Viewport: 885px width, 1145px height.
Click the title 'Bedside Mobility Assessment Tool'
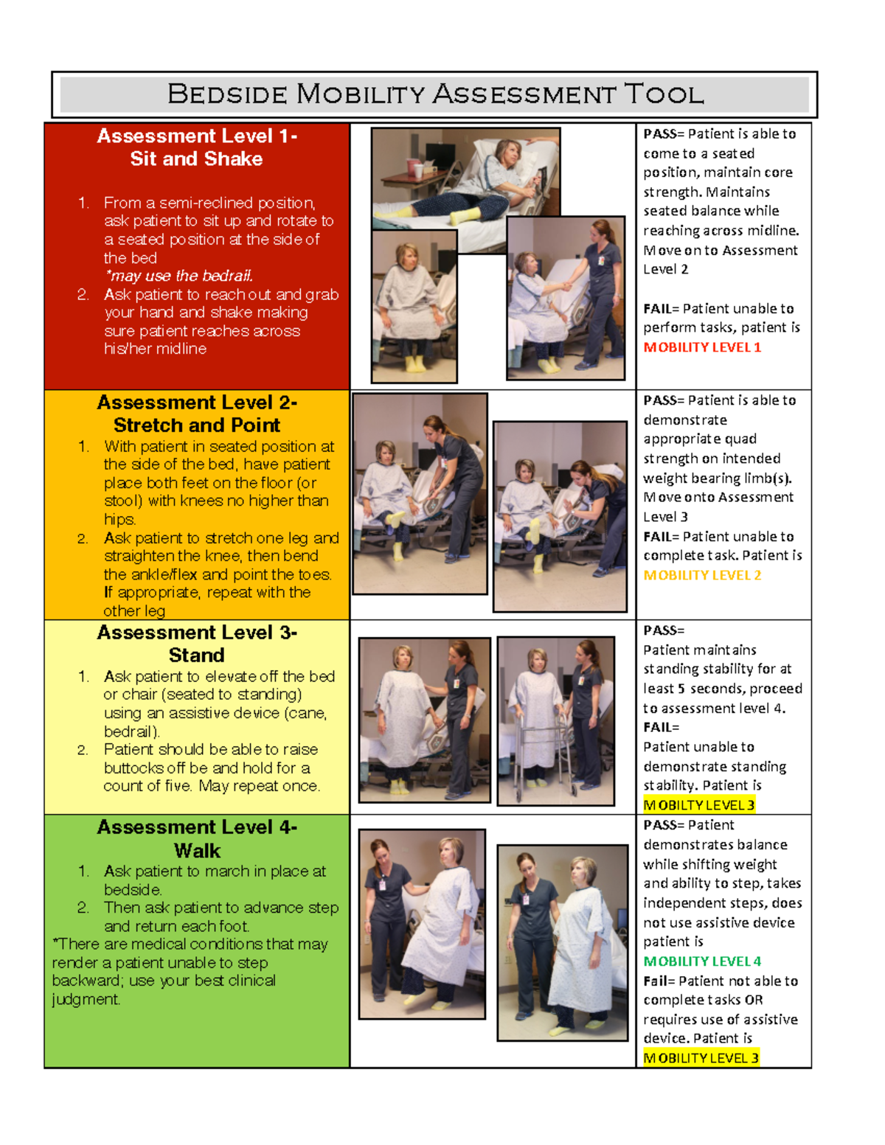pos(435,94)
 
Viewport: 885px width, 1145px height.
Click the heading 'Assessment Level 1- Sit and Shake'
pos(196,147)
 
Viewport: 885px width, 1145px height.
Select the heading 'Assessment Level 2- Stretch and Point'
pos(196,414)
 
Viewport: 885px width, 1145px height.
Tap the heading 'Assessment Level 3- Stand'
pos(196,644)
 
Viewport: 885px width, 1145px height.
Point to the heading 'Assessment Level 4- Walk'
pos(196,838)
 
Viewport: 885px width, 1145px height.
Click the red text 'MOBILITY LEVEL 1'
pos(701,347)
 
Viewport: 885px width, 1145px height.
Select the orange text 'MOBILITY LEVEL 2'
pos(701,575)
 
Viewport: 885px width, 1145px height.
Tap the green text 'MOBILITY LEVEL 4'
pos(701,961)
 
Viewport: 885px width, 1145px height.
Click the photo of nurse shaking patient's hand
pos(566,299)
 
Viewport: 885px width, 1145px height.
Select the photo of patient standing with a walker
pos(555,721)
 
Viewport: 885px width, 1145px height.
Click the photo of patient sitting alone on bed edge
pos(414,306)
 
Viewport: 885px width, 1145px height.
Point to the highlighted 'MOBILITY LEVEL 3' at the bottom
pos(700,1058)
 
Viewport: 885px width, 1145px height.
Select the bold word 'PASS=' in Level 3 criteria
pos(663,630)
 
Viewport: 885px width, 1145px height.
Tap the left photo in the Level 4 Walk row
pos(422,924)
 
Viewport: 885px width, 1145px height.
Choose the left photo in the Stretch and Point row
pos(420,493)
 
